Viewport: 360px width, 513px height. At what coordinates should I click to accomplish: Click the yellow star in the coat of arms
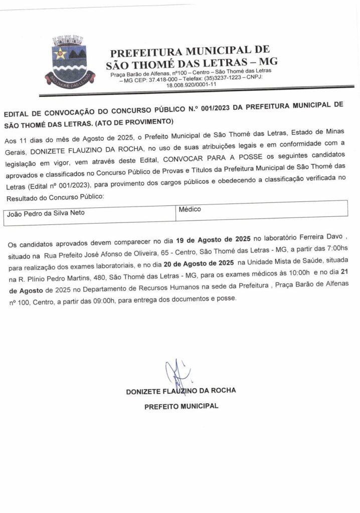pos(61,53)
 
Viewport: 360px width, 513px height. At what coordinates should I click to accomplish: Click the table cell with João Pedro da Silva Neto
pos(46,213)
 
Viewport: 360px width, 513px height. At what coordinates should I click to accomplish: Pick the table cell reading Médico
pos(190,209)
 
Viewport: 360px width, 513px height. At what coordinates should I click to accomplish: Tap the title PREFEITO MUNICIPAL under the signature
pos(181,406)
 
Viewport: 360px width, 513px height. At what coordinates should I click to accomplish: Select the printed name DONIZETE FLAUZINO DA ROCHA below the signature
pos(181,391)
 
